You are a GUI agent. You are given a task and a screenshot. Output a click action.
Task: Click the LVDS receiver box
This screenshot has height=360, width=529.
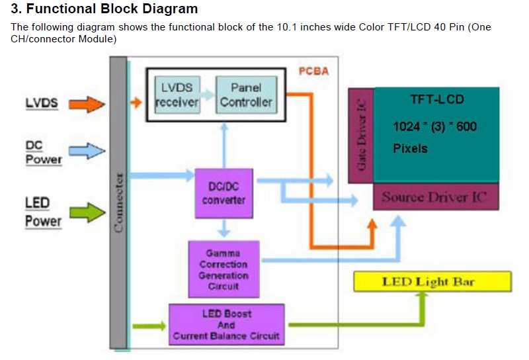tap(177, 95)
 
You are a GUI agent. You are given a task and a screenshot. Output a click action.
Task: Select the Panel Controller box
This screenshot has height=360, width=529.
tap(246, 95)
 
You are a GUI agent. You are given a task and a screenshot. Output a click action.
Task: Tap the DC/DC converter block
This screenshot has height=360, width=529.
tap(224, 193)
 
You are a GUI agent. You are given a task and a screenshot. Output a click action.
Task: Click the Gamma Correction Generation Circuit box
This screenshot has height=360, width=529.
tap(224, 269)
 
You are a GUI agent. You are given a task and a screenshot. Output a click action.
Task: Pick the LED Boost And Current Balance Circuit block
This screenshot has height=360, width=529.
tap(226, 324)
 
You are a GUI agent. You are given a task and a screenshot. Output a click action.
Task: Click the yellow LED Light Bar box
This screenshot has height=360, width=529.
tap(432, 282)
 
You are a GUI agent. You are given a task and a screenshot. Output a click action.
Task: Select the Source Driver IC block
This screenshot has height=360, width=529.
tap(436, 197)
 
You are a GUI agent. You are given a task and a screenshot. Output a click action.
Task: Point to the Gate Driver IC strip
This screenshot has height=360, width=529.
tap(361, 136)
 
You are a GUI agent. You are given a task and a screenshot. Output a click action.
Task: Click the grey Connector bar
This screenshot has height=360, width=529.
tap(118, 202)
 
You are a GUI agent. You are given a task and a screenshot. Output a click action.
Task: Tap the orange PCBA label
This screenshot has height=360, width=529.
tap(313, 71)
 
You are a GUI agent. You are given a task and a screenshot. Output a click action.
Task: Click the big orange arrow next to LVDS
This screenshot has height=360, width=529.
tap(87, 104)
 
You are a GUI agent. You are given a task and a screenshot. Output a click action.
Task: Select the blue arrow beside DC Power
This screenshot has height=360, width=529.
tap(87, 151)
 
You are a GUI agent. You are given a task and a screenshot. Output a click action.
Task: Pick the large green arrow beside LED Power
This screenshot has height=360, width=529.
tap(88, 212)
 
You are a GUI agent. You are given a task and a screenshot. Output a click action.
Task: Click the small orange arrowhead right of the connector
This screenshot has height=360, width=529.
tap(136, 103)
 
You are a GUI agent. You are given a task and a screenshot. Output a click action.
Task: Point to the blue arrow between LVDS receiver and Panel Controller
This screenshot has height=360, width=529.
tap(208, 95)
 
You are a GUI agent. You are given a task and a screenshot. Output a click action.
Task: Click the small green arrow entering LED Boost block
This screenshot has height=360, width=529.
tap(149, 326)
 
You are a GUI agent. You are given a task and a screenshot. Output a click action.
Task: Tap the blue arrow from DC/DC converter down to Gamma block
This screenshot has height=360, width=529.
tap(224, 228)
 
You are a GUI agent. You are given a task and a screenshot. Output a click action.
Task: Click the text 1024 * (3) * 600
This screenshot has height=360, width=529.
tap(435, 126)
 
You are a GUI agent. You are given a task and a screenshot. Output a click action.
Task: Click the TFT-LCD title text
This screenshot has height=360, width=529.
tap(437, 99)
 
